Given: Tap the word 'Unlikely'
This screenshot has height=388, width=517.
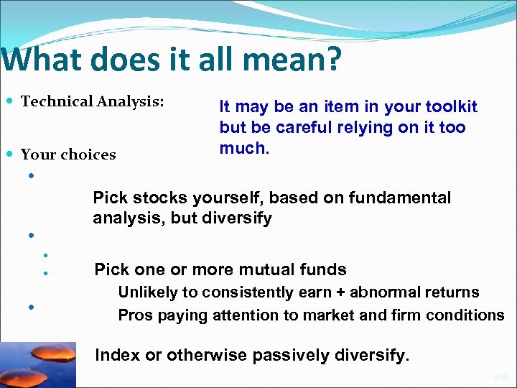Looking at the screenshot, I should (146, 292).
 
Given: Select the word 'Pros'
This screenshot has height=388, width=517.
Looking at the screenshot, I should (133, 315).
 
